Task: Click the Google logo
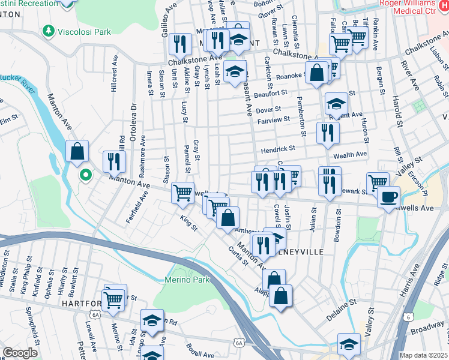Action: [20, 353]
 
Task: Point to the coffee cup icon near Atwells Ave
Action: [389, 196]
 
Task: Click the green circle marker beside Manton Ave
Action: [86, 175]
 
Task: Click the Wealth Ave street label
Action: [350, 154]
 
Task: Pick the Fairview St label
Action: [274, 120]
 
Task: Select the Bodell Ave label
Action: [199, 355]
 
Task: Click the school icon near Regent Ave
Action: [336, 103]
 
